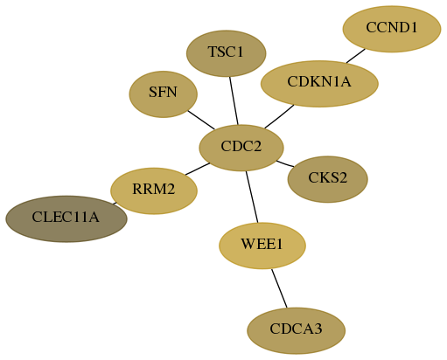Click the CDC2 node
tap(241, 148)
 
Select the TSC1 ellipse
tap(227, 53)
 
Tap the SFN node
tap(164, 94)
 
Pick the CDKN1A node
tap(319, 84)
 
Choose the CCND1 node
tap(392, 29)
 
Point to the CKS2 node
tap(328, 179)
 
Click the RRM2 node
tap(154, 190)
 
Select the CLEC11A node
tap(66, 218)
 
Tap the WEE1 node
tap(262, 246)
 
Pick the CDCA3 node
tap(297, 330)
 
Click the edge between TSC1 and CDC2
tap(234, 100)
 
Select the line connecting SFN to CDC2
tap(201, 120)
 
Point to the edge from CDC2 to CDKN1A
tap(279, 116)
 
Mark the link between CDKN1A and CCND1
tap(356, 56)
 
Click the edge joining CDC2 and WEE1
tap(252, 197)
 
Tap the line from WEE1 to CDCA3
tap(279, 288)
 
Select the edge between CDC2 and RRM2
tap(198, 169)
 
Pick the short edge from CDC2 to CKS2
tap(285, 163)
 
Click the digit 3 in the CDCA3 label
tap(318, 329)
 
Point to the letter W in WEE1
tap(247, 244)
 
